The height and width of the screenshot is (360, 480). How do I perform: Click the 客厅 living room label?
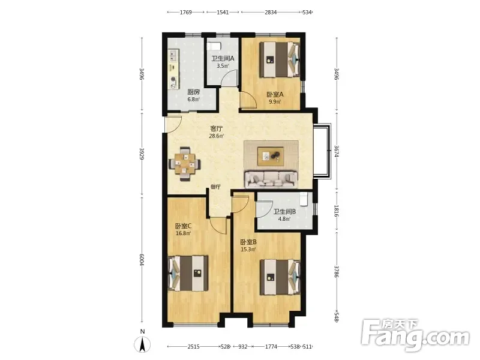point(217,128)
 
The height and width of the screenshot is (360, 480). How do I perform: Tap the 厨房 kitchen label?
point(193,92)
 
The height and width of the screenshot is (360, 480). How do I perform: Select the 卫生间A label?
point(223,58)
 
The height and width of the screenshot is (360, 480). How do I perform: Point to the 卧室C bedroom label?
point(184,226)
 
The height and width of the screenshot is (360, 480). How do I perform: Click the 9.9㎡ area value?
point(275,102)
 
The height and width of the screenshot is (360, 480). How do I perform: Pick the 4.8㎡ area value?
point(284,219)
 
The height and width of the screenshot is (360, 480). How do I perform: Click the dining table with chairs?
point(185,164)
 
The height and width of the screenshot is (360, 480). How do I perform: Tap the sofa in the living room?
point(271,179)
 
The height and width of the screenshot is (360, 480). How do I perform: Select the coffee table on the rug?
point(271,156)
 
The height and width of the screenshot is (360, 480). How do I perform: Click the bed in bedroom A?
point(280,59)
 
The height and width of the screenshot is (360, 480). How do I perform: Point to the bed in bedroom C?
point(188,274)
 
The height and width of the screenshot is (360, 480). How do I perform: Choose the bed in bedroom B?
point(280,277)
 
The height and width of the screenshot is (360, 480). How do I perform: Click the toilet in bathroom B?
point(304,199)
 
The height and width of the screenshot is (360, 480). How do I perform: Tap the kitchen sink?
point(173,55)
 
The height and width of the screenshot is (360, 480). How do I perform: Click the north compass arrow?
point(142,344)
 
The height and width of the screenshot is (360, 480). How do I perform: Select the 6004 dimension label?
point(142,260)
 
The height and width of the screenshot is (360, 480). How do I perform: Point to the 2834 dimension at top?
point(271,12)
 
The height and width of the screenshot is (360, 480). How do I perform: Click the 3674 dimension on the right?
point(336,151)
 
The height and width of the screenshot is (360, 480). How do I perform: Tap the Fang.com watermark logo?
point(415,336)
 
